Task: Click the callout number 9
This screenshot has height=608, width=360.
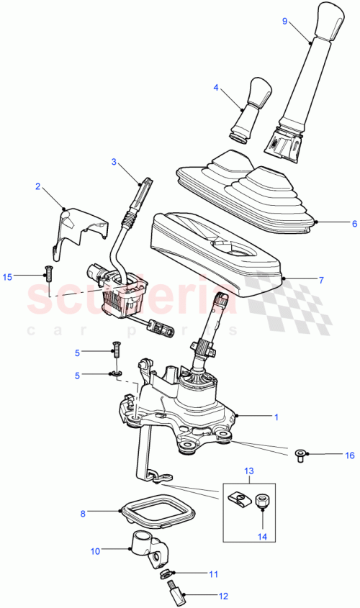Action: pos(284,22)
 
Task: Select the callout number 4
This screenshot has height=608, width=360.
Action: pos(215,88)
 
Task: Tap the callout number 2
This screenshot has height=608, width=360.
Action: pos(37,187)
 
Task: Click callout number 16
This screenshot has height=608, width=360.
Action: pos(350,455)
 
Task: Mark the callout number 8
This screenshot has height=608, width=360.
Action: pos(83,514)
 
